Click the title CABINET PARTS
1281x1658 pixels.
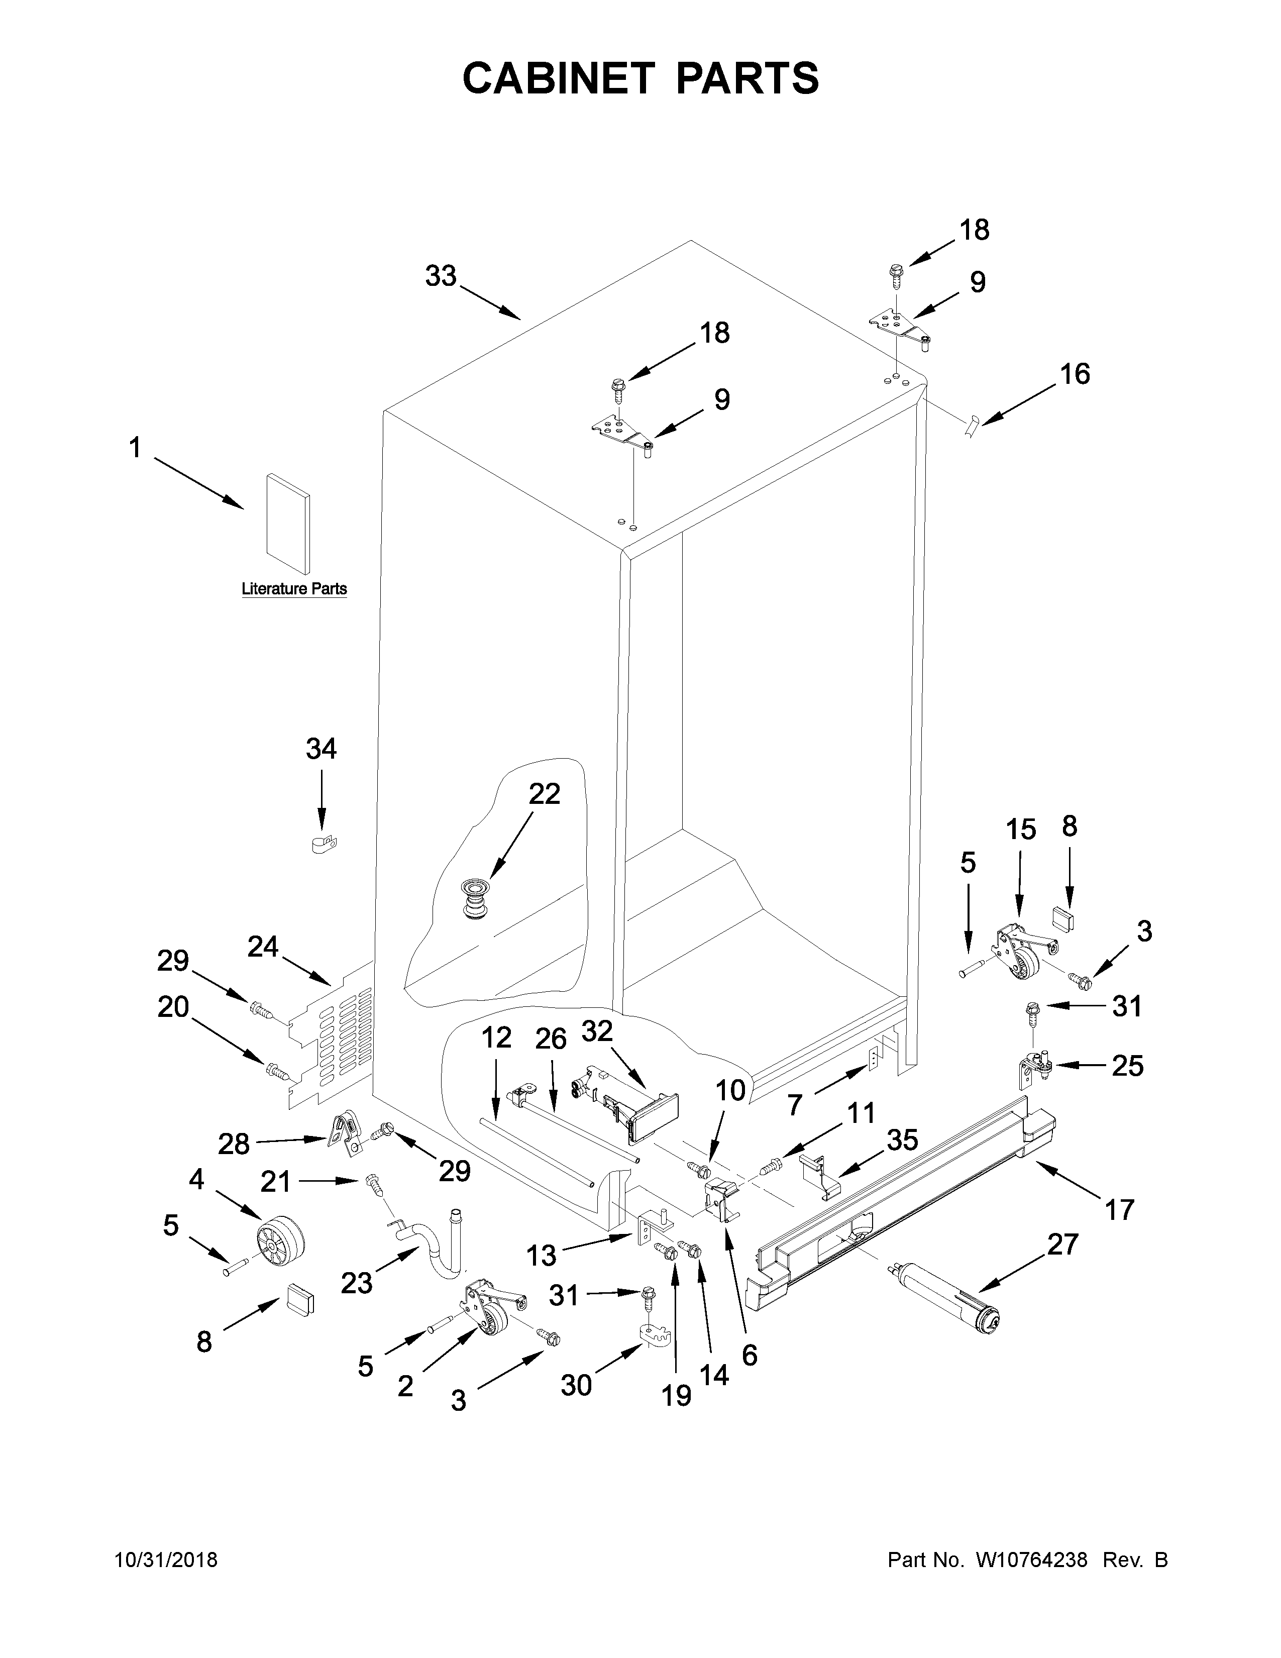pyautogui.click(x=640, y=78)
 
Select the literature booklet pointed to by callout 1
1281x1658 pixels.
pyautogui.click(x=287, y=524)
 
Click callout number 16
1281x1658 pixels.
pyautogui.click(x=1075, y=374)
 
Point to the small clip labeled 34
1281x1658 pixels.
pyautogui.click(x=324, y=844)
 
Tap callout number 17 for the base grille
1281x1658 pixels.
pyautogui.click(x=1119, y=1209)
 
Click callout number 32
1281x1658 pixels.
pyautogui.click(x=597, y=1031)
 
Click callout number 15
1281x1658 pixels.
pyautogui.click(x=1021, y=830)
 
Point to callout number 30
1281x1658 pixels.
pyautogui.click(x=576, y=1386)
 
